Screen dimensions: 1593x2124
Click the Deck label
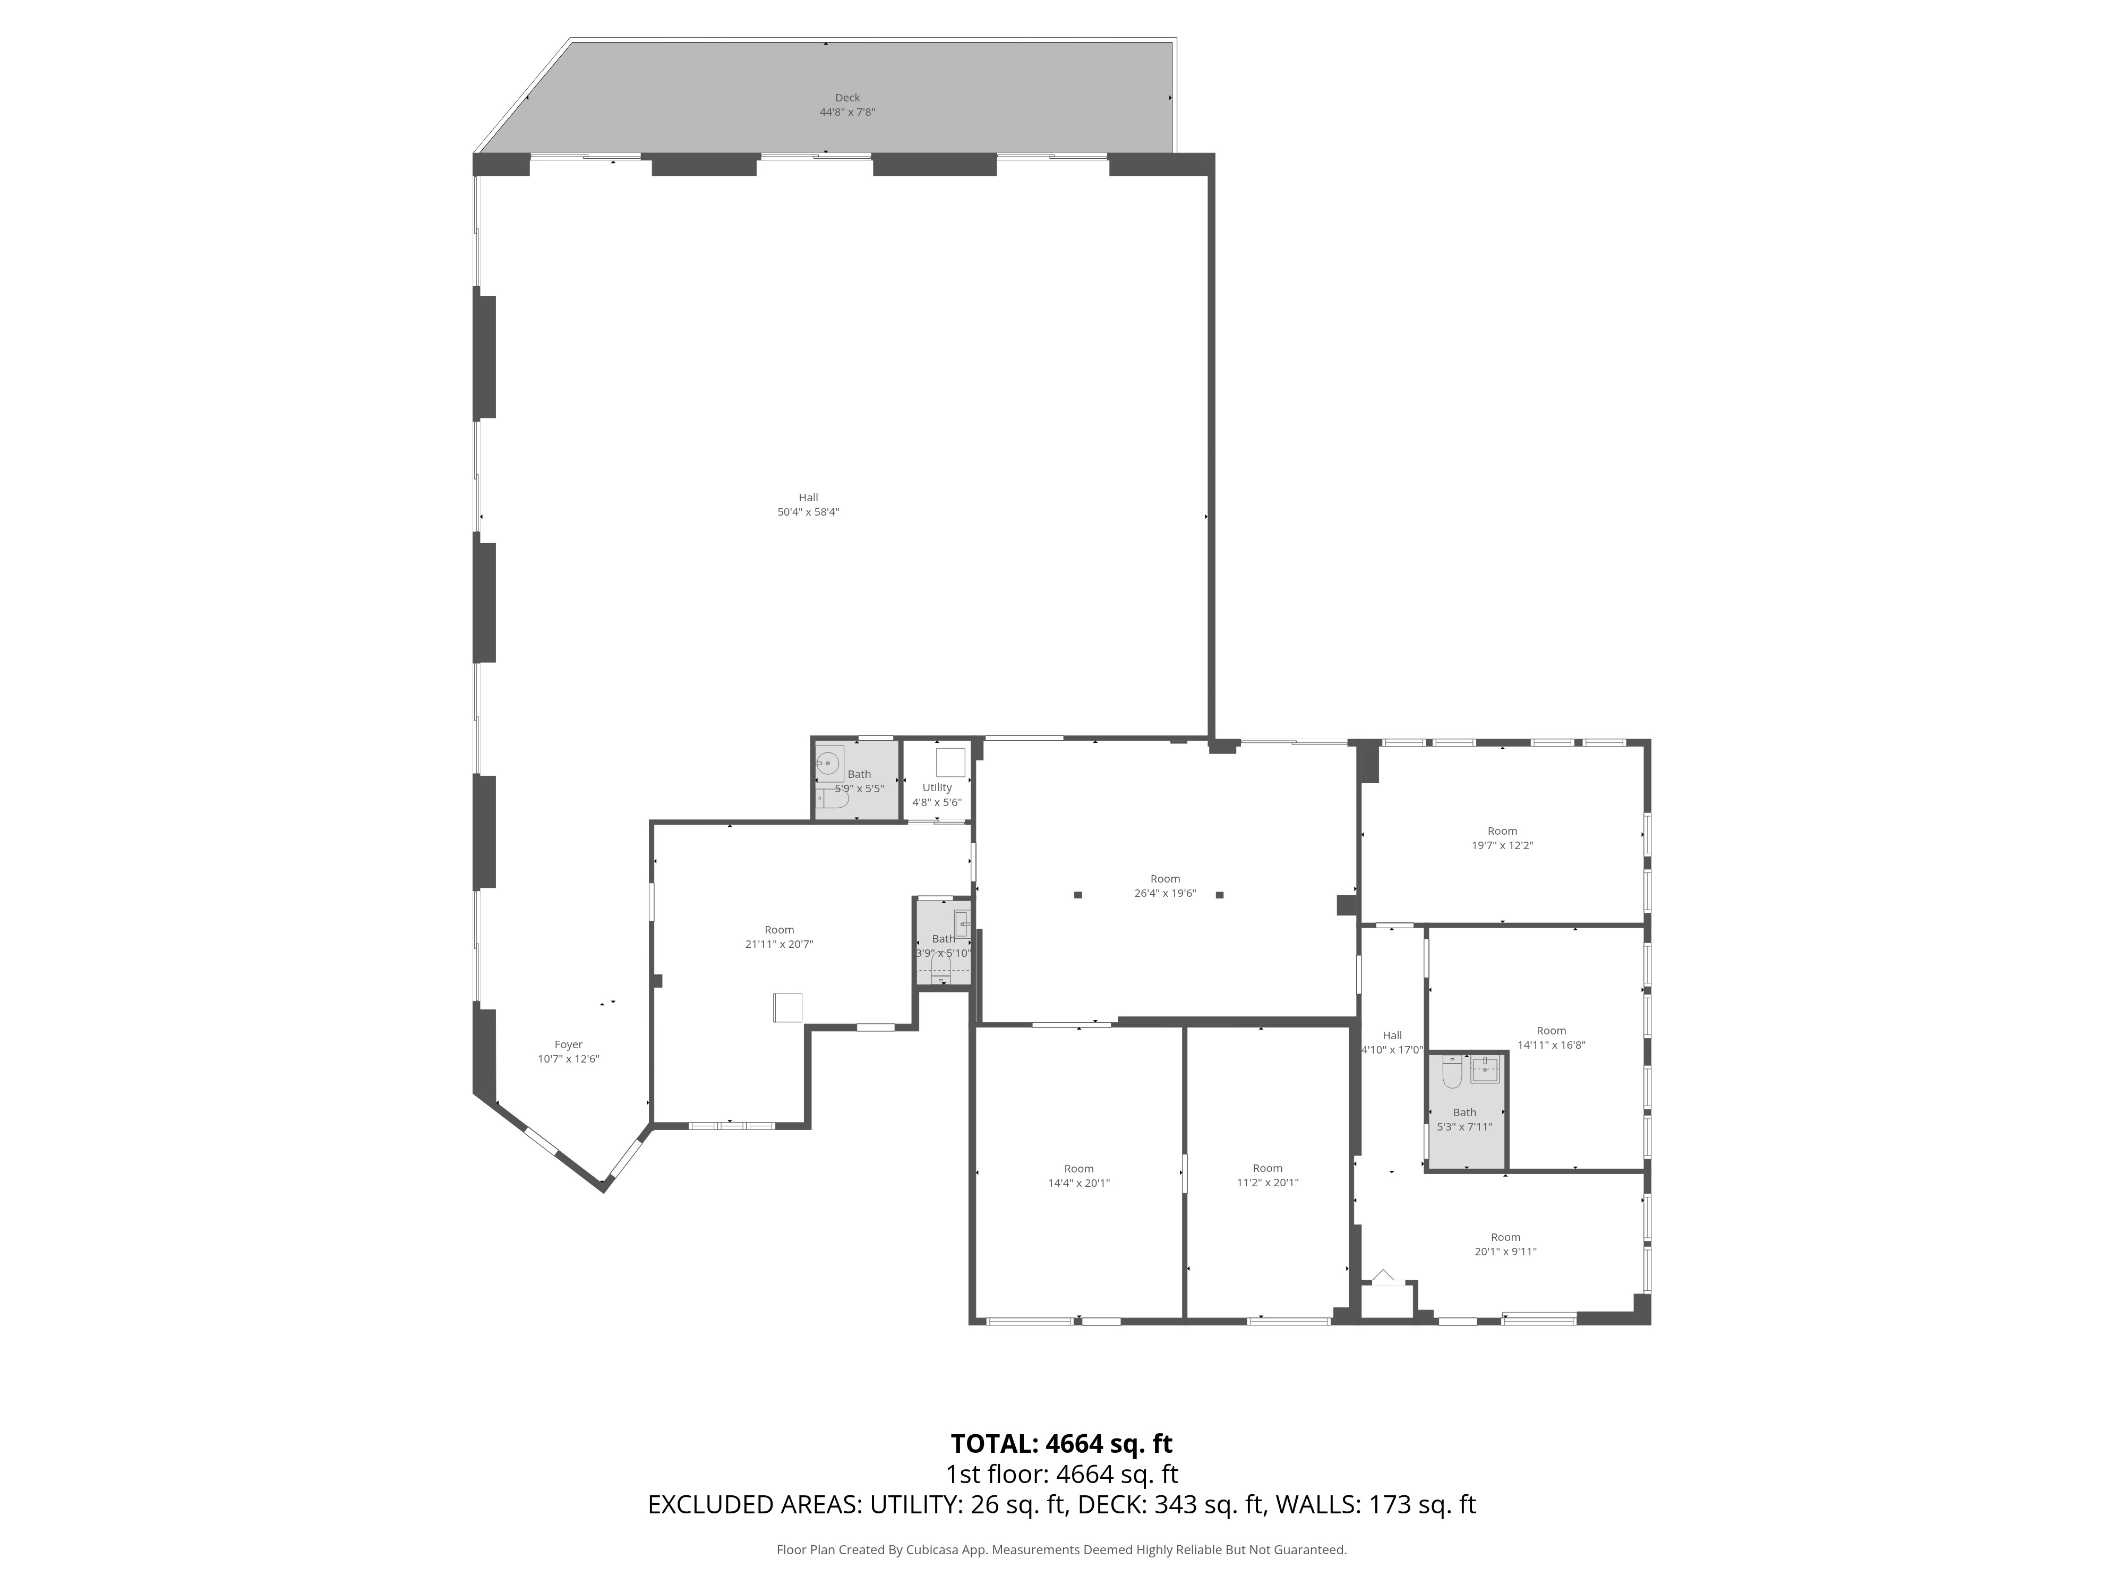coord(847,98)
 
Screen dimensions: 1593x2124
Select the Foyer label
coord(569,1044)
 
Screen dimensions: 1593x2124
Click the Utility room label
coord(937,787)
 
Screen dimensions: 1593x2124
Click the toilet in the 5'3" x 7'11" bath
coord(1452,1074)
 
